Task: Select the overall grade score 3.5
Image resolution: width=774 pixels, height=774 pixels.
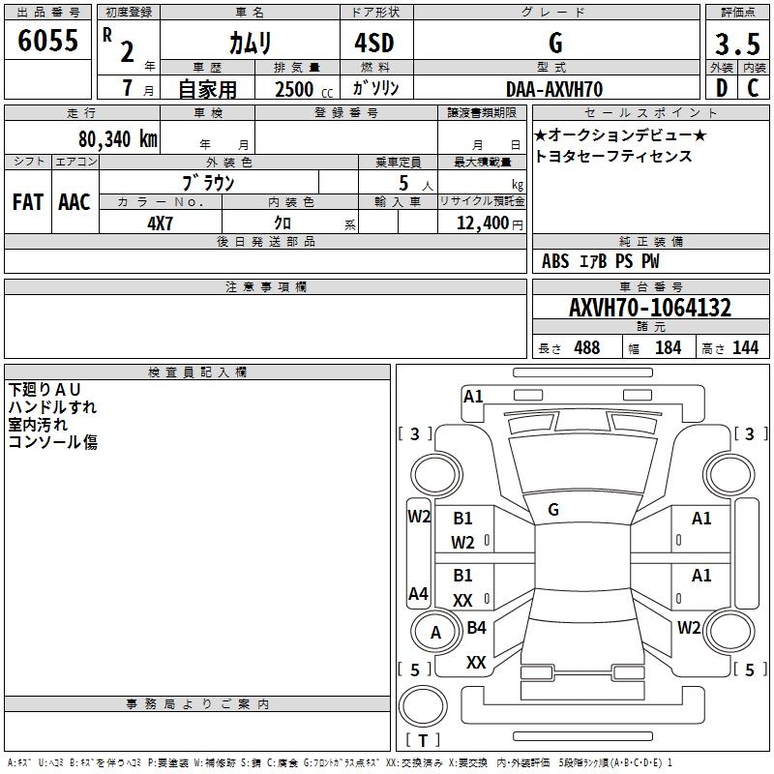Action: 736,45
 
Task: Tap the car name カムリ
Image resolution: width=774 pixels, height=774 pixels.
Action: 250,43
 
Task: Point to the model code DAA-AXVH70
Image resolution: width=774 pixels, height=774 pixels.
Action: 554,89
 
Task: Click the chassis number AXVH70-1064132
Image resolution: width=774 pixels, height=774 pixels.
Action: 649,309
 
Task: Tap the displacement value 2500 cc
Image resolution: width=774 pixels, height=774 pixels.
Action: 294,90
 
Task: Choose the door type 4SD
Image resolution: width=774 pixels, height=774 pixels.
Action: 375,43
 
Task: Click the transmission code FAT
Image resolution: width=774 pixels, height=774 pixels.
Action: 28,202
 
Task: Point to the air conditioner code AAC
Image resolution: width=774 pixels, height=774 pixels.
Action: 74,202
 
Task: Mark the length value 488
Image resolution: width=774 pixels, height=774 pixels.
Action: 586,347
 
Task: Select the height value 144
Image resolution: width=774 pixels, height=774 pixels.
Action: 745,347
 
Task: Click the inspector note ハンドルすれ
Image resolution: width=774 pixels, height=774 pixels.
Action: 52,407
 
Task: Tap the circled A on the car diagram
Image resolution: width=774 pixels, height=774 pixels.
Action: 435,633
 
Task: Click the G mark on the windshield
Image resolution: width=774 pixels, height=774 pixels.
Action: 553,510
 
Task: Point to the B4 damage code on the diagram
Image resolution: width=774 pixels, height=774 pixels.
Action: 476,628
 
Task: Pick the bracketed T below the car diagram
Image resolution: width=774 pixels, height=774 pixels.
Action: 422,741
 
